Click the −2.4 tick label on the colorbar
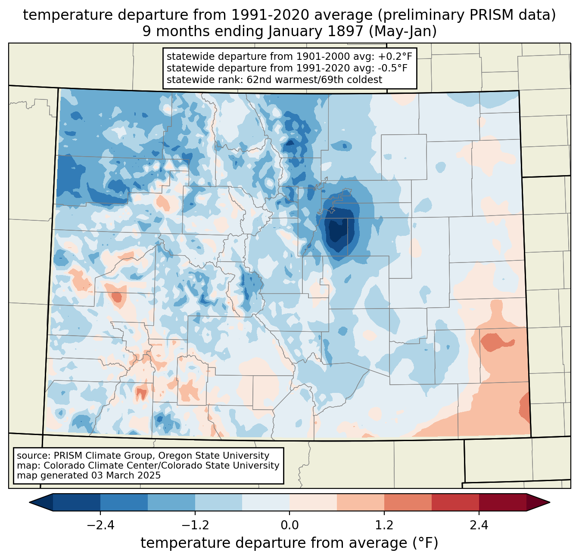100,525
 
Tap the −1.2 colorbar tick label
195,525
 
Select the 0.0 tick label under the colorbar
289,525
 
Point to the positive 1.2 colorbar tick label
384,525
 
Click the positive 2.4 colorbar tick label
479,525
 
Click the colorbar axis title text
289,543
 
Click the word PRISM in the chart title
485,15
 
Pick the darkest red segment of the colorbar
502,502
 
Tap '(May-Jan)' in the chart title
403,31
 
